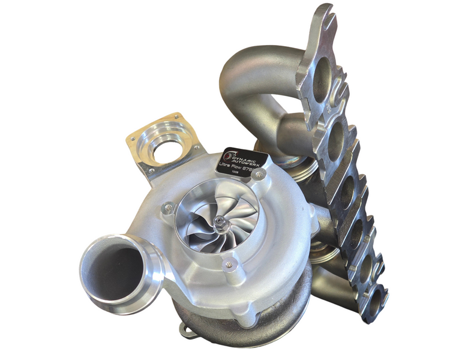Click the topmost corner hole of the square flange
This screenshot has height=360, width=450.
tap(176, 116)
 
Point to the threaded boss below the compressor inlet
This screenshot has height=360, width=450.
tap(227, 263)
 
